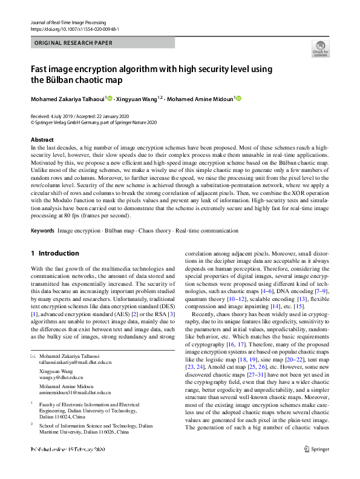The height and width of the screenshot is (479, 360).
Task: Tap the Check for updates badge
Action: coord(320,48)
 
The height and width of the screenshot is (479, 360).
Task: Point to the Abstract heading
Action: coord(42,140)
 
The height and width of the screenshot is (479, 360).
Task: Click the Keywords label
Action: coord(42,231)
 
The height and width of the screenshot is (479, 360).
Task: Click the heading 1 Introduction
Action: coord(54,253)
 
